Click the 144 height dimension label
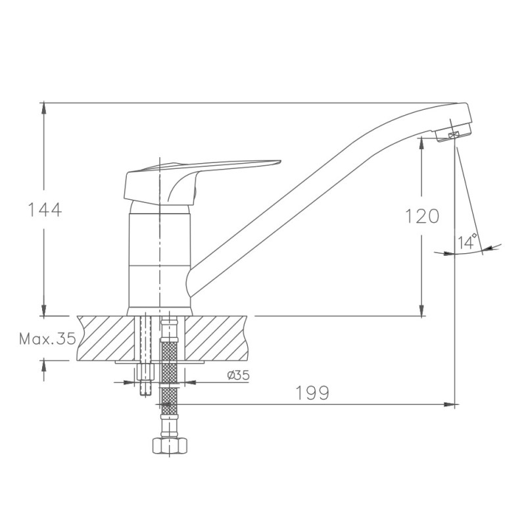44,210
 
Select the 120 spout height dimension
422,216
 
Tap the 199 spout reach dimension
312,393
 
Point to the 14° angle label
467,241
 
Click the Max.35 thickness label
47,339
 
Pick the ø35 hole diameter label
238,375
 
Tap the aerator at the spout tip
453,133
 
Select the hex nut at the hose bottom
170,446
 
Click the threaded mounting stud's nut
145,372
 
